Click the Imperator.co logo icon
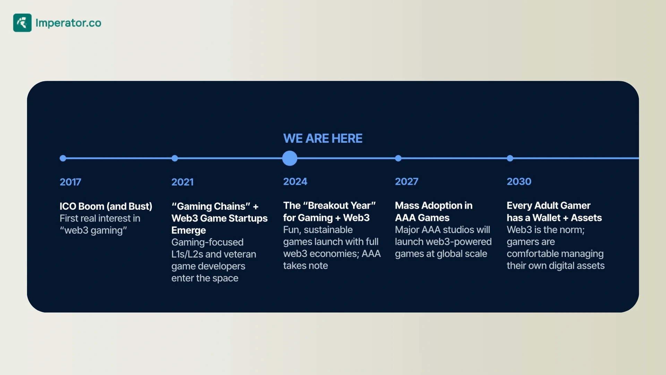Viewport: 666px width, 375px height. tap(22, 23)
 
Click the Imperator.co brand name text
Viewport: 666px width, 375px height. tap(68, 23)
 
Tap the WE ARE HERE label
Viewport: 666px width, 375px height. tap(323, 139)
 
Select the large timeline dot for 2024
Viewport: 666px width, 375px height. tap(290, 158)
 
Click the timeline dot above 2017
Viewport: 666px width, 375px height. tap(63, 158)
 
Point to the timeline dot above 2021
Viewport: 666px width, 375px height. tap(174, 158)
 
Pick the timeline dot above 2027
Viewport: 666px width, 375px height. tap(398, 158)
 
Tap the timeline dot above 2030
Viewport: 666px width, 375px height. tap(510, 158)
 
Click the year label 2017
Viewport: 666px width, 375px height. tap(70, 182)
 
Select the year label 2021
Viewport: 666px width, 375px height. tap(182, 182)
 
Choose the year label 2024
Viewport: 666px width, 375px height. tap(295, 182)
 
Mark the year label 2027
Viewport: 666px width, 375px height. tap(407, 182)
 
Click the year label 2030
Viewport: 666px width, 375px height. tap(519, 182)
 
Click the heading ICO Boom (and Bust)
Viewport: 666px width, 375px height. tap(106, 206)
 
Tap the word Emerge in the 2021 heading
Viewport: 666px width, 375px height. tap(189, 231)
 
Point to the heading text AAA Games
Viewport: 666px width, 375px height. tap(422, 218)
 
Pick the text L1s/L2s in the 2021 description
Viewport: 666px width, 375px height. tap(187, 254)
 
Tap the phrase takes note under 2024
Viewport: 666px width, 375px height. tap(306, 266)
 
